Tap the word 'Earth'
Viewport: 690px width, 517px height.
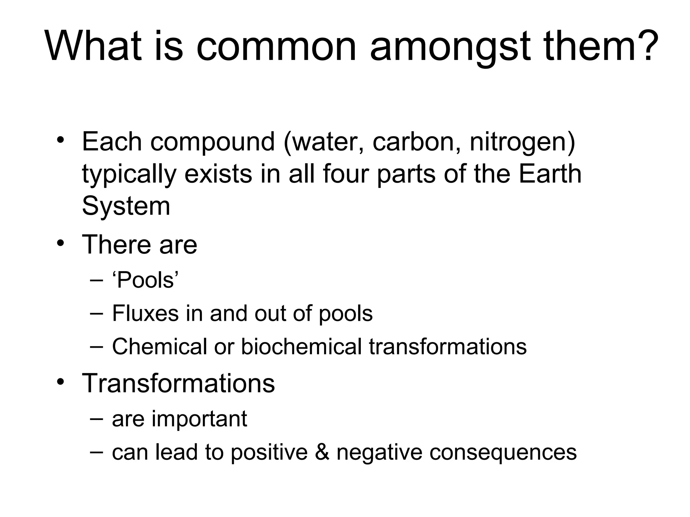tap(550, 174)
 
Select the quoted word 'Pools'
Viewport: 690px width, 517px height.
tap(145, 280)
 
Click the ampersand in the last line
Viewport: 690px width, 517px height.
tap(322, 452)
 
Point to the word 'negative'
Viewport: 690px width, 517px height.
tap(379, 453)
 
